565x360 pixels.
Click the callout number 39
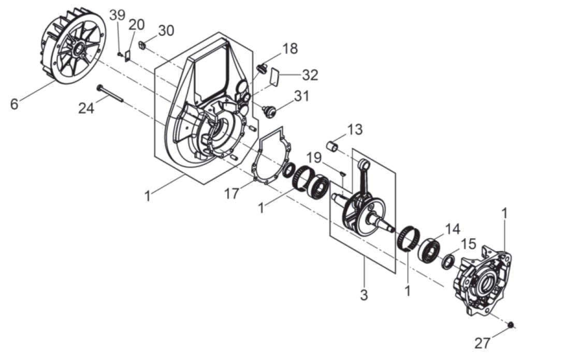point(118,15)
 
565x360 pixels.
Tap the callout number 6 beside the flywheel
point(14,104)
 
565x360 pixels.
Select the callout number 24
point(86,107)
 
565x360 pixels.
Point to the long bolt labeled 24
point(110,93)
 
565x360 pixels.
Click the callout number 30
point(166,31)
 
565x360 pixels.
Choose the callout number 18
point(290,49)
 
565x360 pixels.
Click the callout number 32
point(310,75)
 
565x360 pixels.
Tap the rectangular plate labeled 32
point(275,77)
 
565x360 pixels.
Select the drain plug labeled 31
point(269,111)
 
